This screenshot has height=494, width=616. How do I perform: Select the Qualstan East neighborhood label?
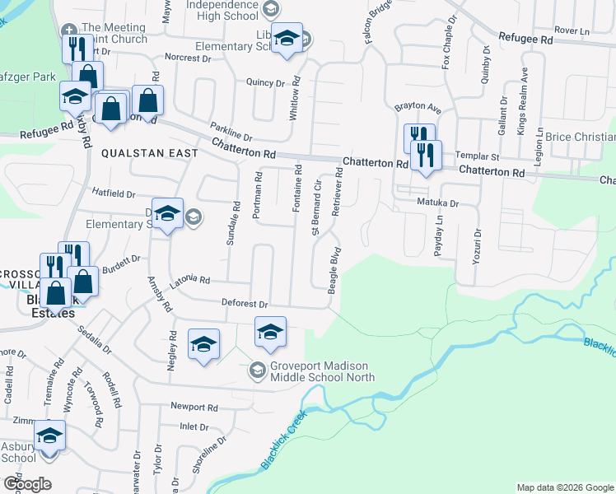coord(150,153)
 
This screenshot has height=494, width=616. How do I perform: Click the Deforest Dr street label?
coord(245,304)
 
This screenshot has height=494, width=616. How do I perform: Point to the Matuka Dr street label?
coord(436,202)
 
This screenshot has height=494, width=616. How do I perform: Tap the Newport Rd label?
coord(194,407)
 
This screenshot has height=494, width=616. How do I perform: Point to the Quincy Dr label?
coord(265,82)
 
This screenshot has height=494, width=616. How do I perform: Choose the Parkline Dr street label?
coord(230,132)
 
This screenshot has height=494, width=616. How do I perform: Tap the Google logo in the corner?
coord(26,484)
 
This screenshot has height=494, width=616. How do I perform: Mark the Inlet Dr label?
coord(194,426)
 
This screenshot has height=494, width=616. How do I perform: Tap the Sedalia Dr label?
coord(94,338)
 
